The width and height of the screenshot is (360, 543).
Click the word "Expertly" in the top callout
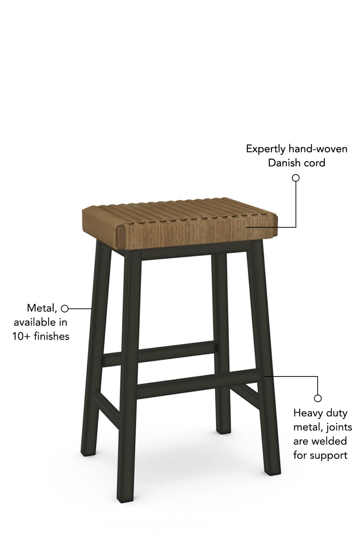[x=265, y=149]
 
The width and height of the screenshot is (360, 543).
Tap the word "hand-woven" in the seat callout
[x=318, y=148]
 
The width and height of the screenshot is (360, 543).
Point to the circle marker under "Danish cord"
[x=296, y=178]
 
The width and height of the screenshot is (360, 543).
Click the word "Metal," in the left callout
[x=42, y=308]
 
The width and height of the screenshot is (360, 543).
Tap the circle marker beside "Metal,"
[x=64, y=308]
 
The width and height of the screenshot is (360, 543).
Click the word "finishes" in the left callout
[x=51, y=336]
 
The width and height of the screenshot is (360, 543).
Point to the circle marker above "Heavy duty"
[x=318, y=398]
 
